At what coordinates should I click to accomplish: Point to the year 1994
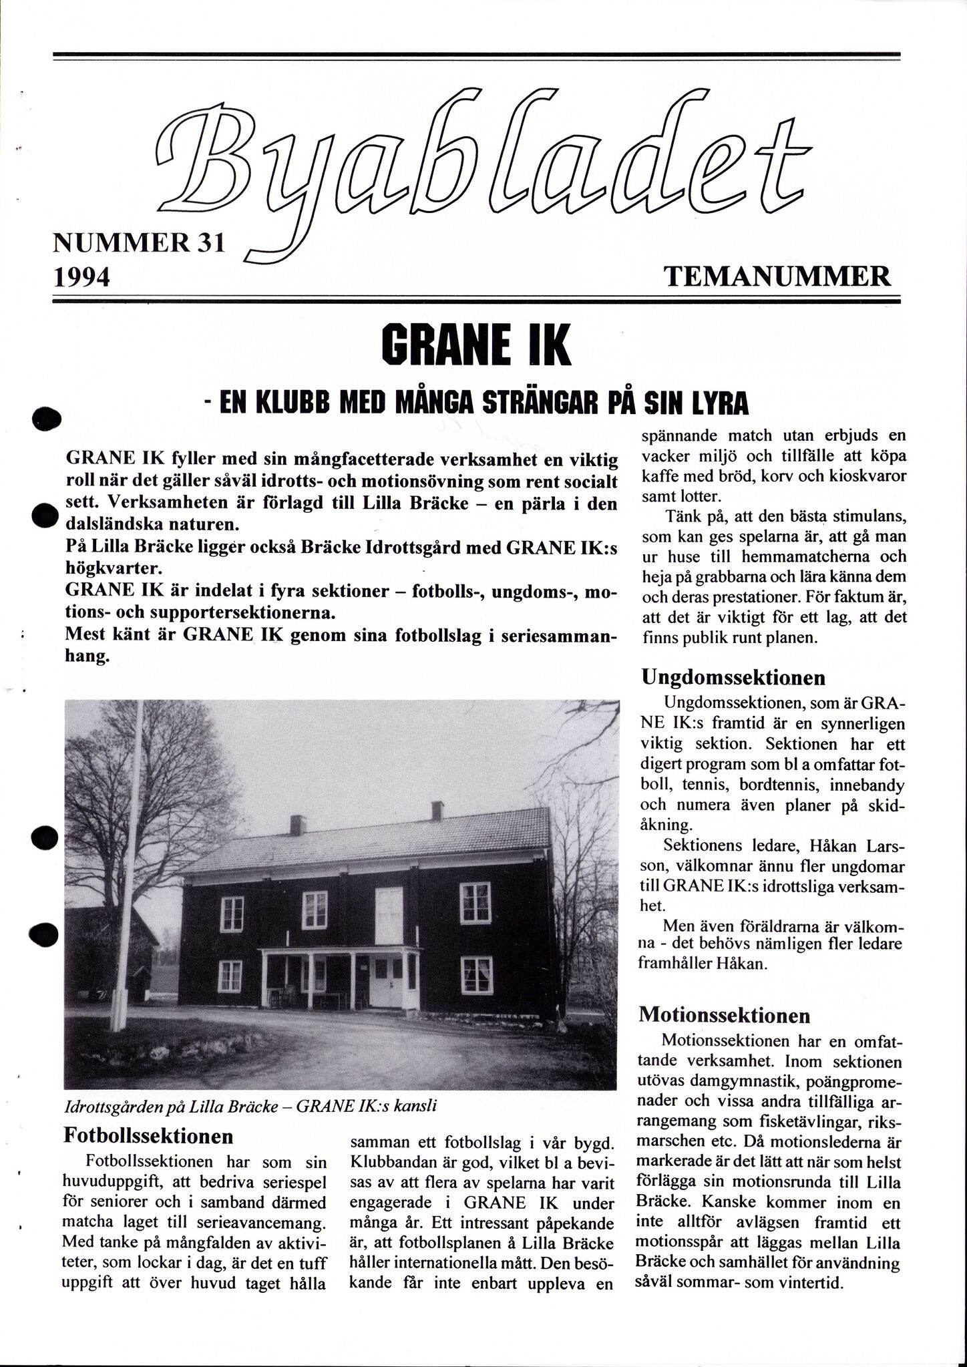(81, 276)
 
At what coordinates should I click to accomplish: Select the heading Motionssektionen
(725, 1016)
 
